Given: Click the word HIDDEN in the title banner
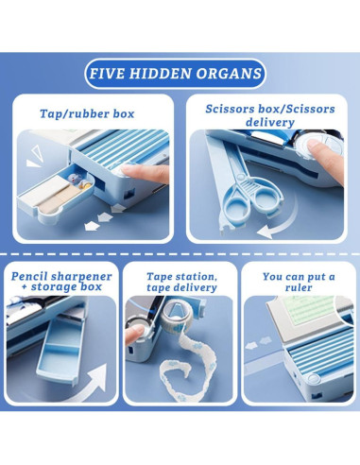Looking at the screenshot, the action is point(160,74).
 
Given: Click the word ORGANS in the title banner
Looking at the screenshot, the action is point(229,74).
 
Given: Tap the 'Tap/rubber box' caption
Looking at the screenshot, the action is point(87,113).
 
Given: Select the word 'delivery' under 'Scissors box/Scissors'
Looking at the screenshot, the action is point(270,122).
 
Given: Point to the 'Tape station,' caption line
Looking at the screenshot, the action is point(181,277).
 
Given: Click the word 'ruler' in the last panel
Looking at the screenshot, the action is point(299,287).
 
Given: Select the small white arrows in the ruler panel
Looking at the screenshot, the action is point(258,343).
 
